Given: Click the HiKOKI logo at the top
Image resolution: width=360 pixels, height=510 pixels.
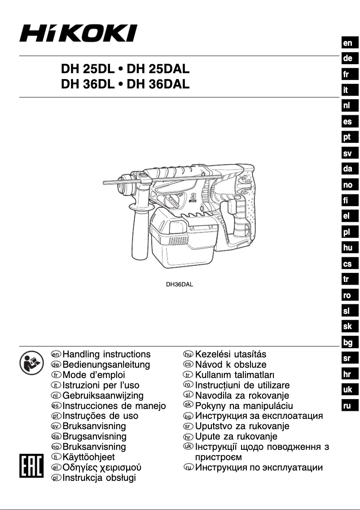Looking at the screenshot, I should pyautogui.click(x=78, y=34).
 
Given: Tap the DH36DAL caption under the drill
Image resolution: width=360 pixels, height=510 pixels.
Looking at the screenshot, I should pyautogui.click(x=180, y=284).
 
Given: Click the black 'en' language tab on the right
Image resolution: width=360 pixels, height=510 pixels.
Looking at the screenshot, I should pyautogui.click(x=347, y=43).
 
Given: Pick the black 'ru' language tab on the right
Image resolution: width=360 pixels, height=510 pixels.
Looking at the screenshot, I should pyautogui.click(x=347, y=406).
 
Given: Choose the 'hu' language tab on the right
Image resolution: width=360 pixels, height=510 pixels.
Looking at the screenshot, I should pyautogui.click(x=347, y=248).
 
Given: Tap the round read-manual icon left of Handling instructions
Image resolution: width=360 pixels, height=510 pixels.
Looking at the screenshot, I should pyautogui.click(x=30, y=361).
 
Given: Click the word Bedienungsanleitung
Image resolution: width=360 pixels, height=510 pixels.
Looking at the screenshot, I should pyautogui.click(x=106, y=365).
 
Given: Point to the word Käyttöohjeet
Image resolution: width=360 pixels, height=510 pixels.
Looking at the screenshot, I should pyautogui.click(x=88, y=457).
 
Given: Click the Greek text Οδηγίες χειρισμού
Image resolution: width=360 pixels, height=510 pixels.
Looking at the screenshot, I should pyautogui.click(x=102, y=468).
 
